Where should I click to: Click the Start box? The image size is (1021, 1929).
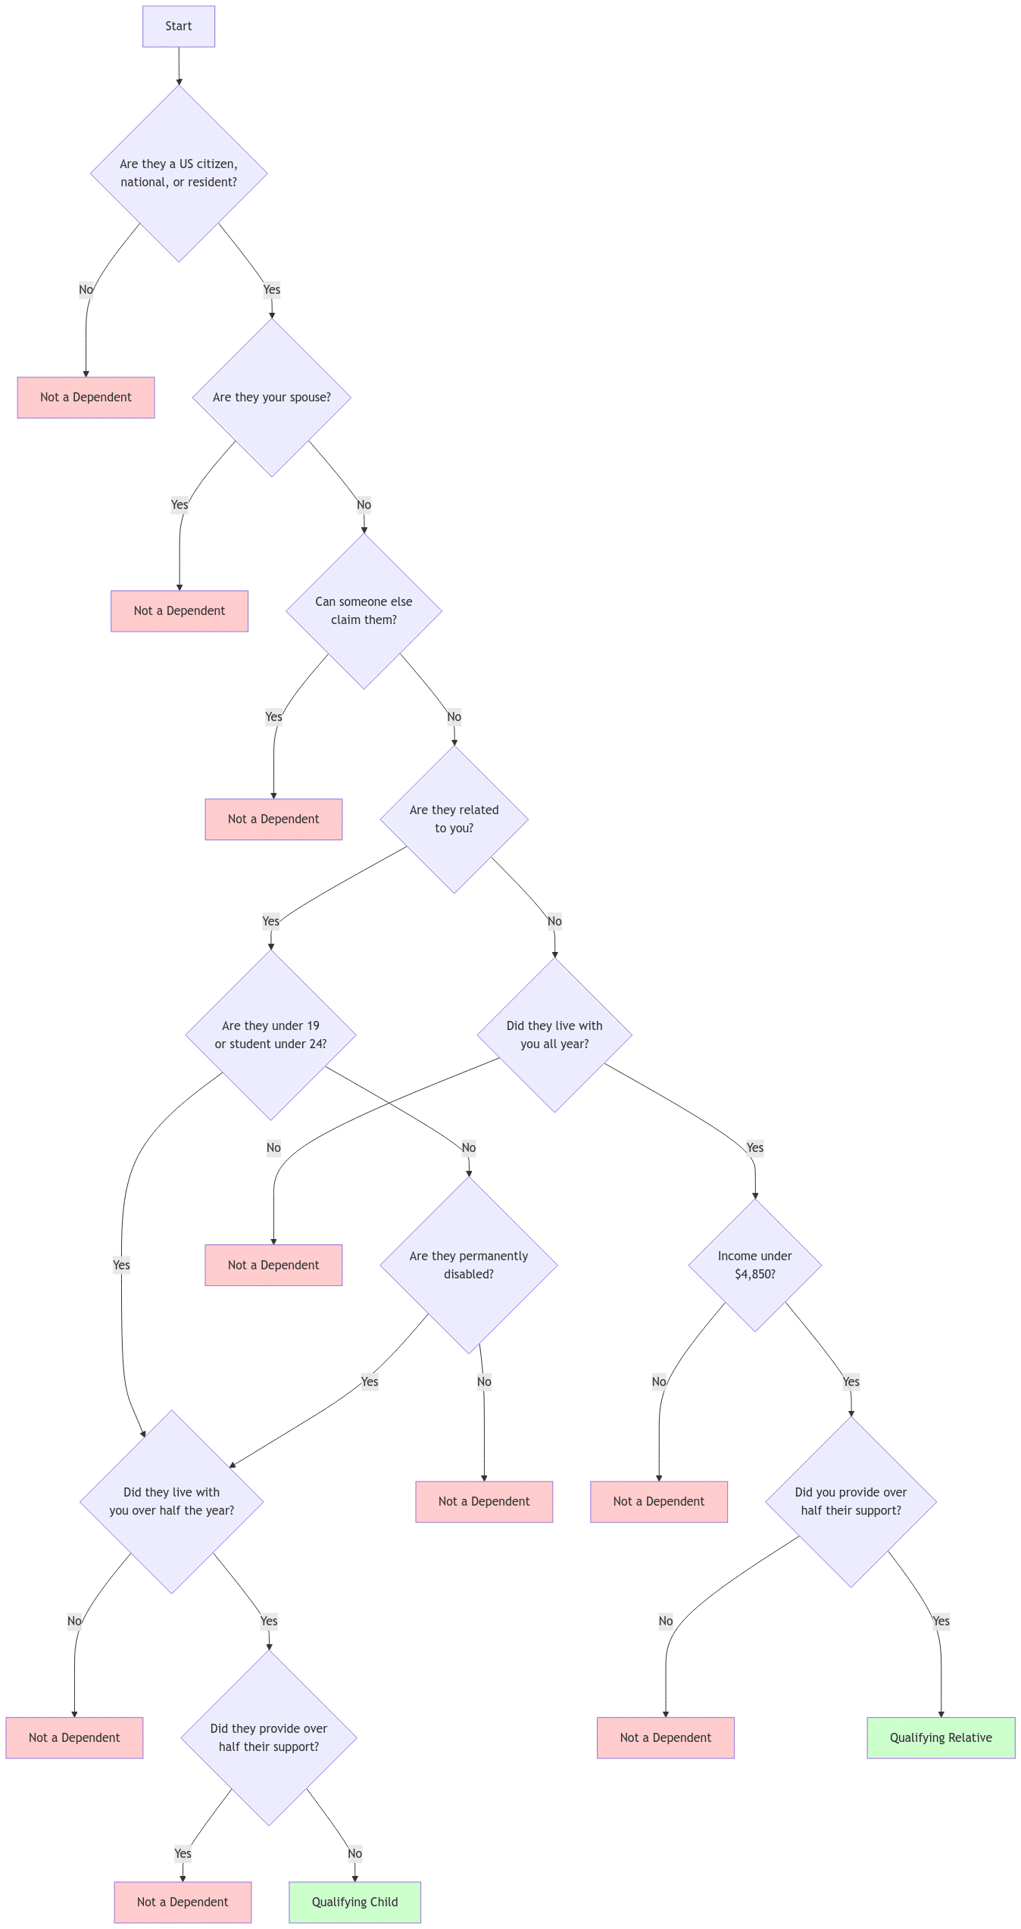coord(179,27)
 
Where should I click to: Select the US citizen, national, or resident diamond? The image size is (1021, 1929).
coord(179,173)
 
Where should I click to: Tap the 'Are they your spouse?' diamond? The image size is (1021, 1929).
coord(271,397)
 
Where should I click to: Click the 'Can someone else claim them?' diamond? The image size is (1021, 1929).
coord(364,610)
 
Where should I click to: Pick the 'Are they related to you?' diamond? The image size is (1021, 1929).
coord(454,819)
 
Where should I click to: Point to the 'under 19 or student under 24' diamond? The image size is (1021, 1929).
coord(270,1035)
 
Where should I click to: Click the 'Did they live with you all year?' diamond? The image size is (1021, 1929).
coord(554,1035)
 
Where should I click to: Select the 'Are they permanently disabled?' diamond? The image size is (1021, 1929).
coord(469,1265)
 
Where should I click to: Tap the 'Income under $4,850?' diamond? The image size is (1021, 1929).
coord(754,1265)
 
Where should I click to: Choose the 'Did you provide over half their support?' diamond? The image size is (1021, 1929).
coord(851,1501)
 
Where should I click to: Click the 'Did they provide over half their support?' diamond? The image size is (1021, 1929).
coord(269,1737)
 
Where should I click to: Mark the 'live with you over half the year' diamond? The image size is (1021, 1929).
coord(172,1501)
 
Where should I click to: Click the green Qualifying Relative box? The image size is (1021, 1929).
coord(941,1737)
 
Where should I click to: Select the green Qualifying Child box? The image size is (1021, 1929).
coord(354,1902)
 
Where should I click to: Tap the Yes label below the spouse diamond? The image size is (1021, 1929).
coord(180,504)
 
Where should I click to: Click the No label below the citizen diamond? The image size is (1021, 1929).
coord(86,289)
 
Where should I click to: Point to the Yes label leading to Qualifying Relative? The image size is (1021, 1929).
coord(941,1621)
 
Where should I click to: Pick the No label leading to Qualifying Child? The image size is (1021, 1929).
coord(354,1853)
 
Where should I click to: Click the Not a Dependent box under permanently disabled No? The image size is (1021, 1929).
coord(484,1501)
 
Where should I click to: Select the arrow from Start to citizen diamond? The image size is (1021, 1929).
coord(179,67)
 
